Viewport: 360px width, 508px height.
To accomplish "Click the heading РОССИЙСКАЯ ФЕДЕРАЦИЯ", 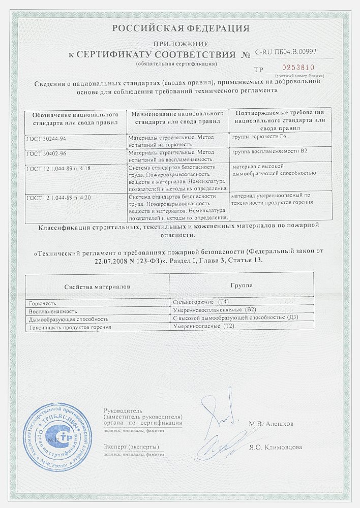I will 181,28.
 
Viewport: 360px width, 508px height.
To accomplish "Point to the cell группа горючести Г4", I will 262,138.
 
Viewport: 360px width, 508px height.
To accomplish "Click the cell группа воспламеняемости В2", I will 267,152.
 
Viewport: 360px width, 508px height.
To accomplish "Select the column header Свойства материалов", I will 97,287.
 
